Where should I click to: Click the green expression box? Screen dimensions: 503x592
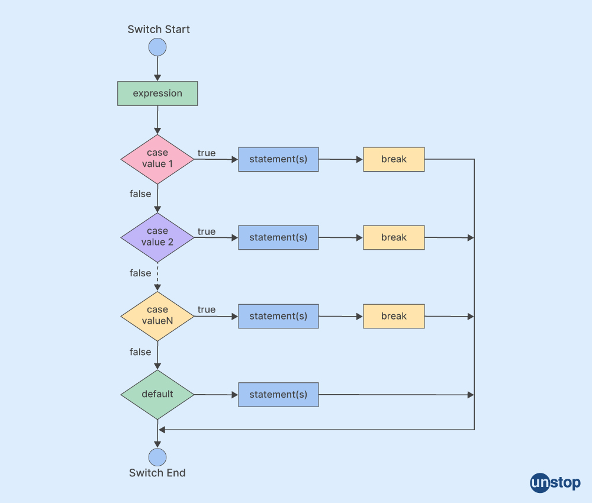(157, 93)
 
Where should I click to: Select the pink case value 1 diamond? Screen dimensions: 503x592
(157, 159)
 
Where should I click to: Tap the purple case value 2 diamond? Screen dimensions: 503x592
(157, 237)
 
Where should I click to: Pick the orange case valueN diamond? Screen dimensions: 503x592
(157, 315)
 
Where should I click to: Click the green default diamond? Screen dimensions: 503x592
(157, 394)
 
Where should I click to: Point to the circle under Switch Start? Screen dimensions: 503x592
(157, 47)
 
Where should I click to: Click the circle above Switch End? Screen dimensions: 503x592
(157, 457)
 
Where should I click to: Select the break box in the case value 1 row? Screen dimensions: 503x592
(394, 159)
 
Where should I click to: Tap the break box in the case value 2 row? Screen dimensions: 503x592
(394, 237)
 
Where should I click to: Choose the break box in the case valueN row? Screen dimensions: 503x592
(394, 316)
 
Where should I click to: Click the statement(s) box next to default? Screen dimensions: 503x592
(278, 394)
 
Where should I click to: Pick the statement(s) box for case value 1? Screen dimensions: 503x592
(278, 159)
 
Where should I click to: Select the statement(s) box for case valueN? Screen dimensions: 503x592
(278, 316)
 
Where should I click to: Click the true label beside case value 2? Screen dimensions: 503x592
(207, 231)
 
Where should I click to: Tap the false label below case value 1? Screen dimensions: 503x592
(140, 194)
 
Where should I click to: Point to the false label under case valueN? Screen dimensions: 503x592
(140, 352)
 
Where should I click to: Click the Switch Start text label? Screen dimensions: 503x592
(159, 29)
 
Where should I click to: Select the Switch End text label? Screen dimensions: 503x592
(157, 473)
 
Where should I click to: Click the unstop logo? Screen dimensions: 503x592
(555, 482)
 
